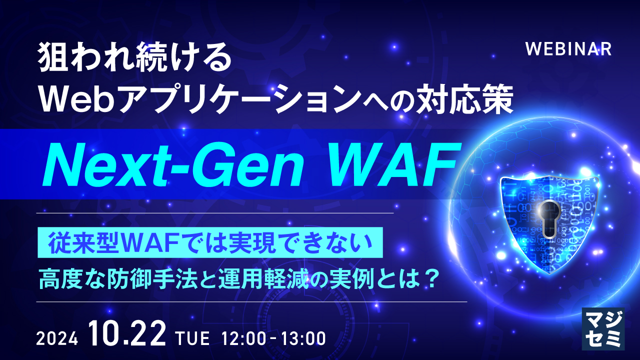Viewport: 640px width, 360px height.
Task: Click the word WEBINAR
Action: [569, 49]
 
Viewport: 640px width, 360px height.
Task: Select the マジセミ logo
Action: [603, 328]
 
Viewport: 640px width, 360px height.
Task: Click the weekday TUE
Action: [192, 339]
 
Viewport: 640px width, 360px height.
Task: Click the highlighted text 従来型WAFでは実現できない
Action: [210, 243]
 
